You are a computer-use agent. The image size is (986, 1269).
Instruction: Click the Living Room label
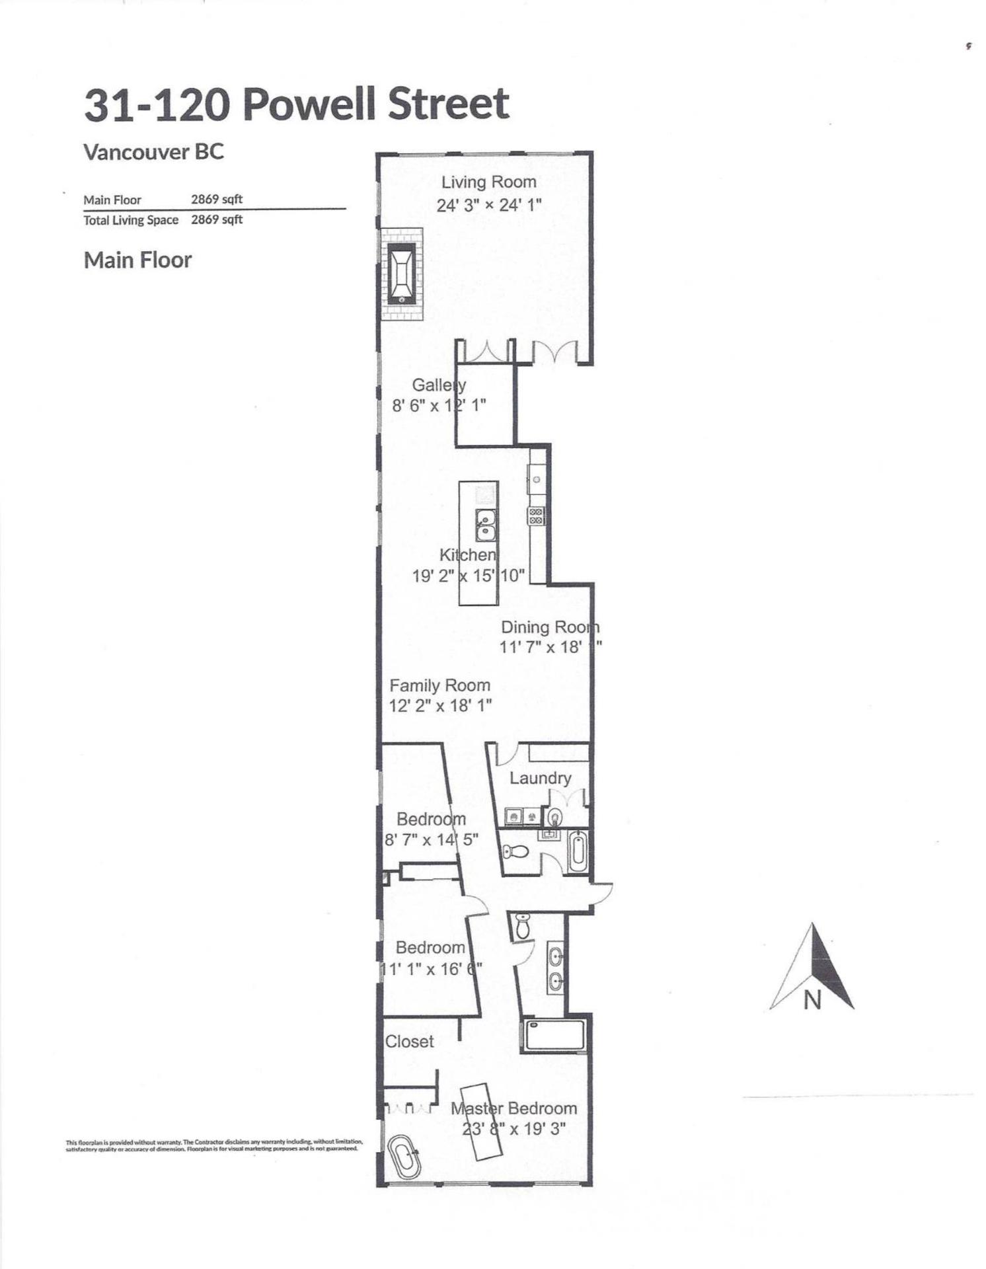pos(488,182)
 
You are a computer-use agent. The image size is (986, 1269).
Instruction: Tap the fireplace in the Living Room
pos(401,274)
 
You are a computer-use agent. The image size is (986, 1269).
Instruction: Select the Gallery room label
pos(439,385)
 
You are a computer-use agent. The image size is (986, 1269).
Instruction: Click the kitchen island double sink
pos(486,525)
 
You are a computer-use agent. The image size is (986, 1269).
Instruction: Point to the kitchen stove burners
pos(536,516)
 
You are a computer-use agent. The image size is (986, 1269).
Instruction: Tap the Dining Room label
pos(549,627)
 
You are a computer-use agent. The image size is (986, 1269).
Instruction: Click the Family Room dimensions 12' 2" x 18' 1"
pos(440,706)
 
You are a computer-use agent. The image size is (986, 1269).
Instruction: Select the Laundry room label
pos(540,778)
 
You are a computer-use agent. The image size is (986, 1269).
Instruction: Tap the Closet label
pos(410,1042)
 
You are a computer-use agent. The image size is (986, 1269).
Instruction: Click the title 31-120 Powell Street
pos(297,104)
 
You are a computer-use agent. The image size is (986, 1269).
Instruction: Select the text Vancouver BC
pos(154,152)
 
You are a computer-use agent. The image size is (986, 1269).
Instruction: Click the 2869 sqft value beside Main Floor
pos(217,199)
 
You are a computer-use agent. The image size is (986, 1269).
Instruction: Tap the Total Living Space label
pos(131,220)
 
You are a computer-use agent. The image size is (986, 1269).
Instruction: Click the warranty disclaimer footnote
pos(214,1145)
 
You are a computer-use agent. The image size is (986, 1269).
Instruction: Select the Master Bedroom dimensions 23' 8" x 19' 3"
pos(514,1129)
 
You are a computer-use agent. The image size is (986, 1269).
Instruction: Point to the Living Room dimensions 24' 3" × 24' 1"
pos(489,205)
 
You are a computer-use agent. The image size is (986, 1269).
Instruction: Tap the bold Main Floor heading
pos(137,260)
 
